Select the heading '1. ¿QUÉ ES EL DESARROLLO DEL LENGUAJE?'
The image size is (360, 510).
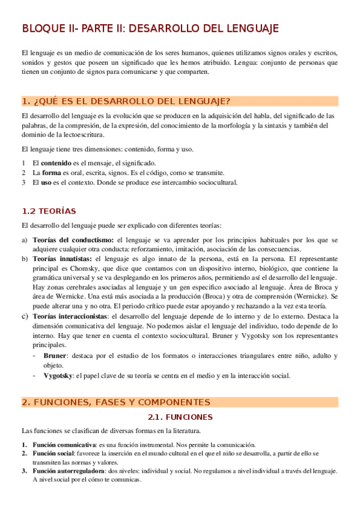tap(126, 100)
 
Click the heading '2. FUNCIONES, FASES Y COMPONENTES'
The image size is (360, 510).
tap(115, 402)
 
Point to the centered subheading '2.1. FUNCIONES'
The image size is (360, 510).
tap(180, 416)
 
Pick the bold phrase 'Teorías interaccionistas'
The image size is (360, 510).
tap(71, 316)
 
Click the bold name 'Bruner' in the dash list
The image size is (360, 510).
tap(55, 356)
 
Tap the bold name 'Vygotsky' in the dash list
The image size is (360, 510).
tap(58, 376)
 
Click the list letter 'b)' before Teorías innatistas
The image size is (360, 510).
tap(24, 259)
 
